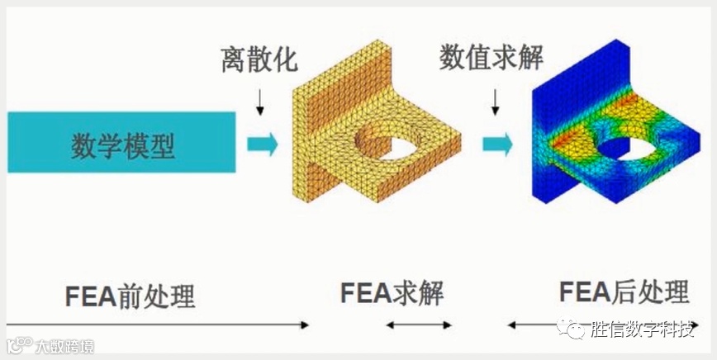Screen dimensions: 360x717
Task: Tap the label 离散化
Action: tap(258, 61)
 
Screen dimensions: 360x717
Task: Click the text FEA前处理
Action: tap(130, 296)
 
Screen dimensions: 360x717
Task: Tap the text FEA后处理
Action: tap(624, 292)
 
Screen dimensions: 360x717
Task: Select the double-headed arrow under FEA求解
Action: tap(418, 325)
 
